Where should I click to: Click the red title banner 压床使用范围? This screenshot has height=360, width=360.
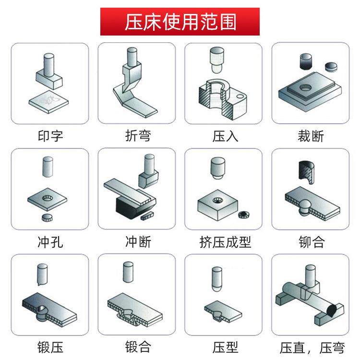[x=180, y=22]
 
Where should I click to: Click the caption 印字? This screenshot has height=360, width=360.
[x=50, y=136]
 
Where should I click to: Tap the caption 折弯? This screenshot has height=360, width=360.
[x=137, y=136]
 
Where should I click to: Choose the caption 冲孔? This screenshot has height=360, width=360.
[x=50, y=241]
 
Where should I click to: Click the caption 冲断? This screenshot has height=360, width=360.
[x=137, y=241]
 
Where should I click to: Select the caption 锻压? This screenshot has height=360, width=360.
[x=50, y=347]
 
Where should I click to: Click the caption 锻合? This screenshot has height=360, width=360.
[x=137, y=347]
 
